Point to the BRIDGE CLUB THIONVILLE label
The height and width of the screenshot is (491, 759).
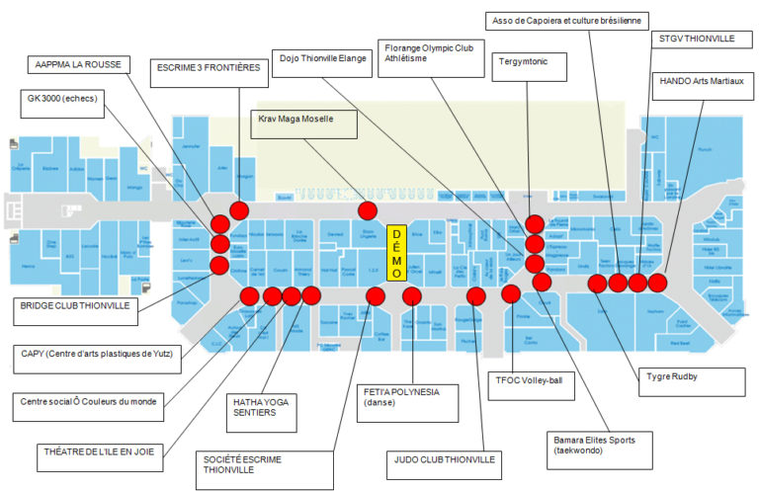[x=76, y=306]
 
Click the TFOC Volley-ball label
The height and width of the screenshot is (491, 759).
[x=531, y=377]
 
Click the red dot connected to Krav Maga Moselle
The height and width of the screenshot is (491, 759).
[x=368, y=210]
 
